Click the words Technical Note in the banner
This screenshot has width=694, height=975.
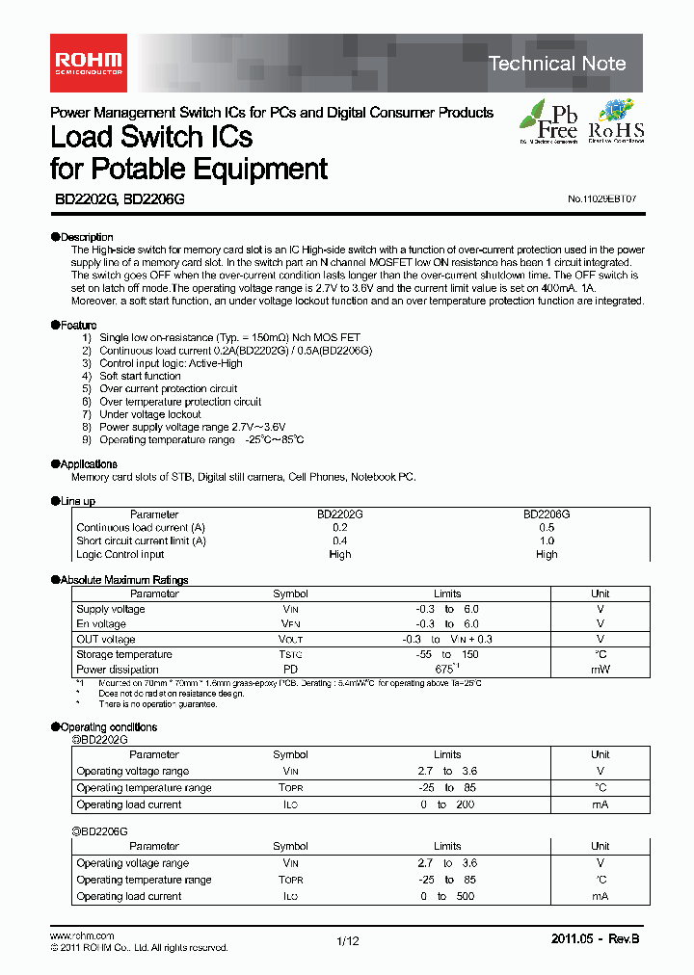pyautogui.click(x=557, y=64)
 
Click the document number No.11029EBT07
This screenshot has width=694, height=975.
pyautogui.click(x=602, y=198)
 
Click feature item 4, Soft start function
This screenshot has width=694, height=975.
pyautogui.click(x=139, y=377)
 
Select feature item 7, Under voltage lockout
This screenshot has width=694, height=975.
pyautogui.click(x=149, y=414)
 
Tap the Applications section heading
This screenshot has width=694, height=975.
pyautogui.click(x=88, y=464)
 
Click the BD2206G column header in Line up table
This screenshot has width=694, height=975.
pyautogui.click(x=547, y=514)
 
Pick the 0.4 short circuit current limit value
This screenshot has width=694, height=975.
pyautogui.click(x=339, y=541)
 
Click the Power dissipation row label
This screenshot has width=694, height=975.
pyautogui.click(x=118, y=670)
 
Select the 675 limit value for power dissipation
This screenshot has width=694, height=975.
pyautogui.click(x=444, y=669)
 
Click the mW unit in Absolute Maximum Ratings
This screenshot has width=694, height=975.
pyautogui.click(x=601, y=670)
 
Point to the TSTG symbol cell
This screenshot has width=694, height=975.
pyautogui.click(x=290, y=655)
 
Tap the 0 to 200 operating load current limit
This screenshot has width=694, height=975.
pyautogui.click(x=447, y=804)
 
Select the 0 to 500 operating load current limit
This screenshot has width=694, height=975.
pyautogui.click(x=447, y=897)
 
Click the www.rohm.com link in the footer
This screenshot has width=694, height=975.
pyautogui.click(x=82, y=936)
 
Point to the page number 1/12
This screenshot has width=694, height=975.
pyautogui.click(x=347, y=941)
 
